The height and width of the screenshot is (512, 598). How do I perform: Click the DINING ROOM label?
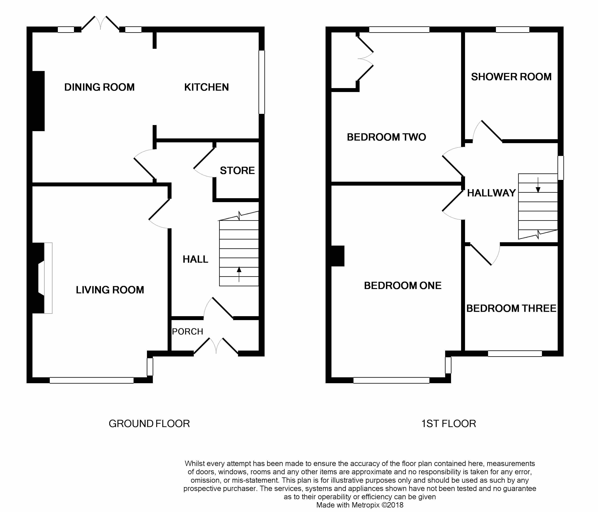click(x=99, y=87)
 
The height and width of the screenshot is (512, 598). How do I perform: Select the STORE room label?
click(x=237, y=170)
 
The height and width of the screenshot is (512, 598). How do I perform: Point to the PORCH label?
click(x=188, y=332)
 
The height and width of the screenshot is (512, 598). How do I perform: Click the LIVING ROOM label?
click(x=110, y=290)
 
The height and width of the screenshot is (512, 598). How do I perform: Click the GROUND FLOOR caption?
click(x=149, y=424)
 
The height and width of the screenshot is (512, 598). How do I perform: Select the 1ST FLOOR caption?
click(x=448, y=424)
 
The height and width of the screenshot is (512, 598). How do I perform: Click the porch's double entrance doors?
click(x=216, y=346)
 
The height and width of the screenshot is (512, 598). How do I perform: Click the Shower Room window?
click(x=513, y=29)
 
